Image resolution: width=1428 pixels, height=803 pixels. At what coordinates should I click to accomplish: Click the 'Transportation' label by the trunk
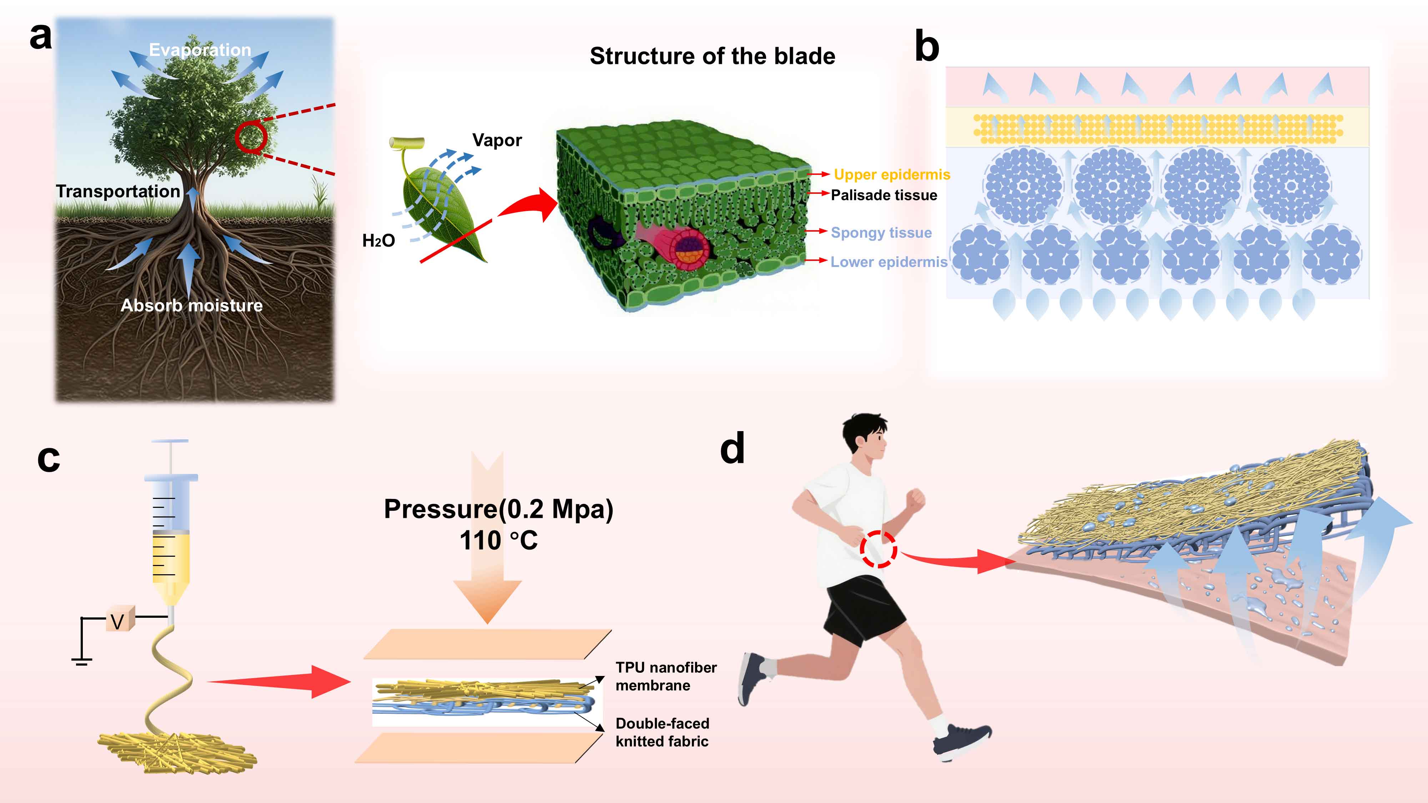tap(118, 191)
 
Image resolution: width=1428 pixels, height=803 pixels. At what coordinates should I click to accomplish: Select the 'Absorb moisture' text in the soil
tap(192, 305)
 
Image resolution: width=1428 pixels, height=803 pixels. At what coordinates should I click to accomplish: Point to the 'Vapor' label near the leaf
tap(497, 140)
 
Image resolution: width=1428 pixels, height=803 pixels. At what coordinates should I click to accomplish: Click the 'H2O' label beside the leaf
tap(379, 241)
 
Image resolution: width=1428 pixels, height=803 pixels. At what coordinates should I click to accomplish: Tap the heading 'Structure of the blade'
tap(712, 56)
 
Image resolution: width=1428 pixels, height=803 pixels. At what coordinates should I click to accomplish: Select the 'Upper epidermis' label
tap(891, 175)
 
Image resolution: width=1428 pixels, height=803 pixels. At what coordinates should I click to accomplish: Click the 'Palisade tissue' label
tap(884, 195)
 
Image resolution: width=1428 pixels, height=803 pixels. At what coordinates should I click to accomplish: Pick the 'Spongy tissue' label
tap(881, 233)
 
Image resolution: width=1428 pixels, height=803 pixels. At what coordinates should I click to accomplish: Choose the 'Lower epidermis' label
tap(889, 262)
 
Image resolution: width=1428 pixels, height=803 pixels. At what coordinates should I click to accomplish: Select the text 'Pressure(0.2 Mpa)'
tap(498, 509)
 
